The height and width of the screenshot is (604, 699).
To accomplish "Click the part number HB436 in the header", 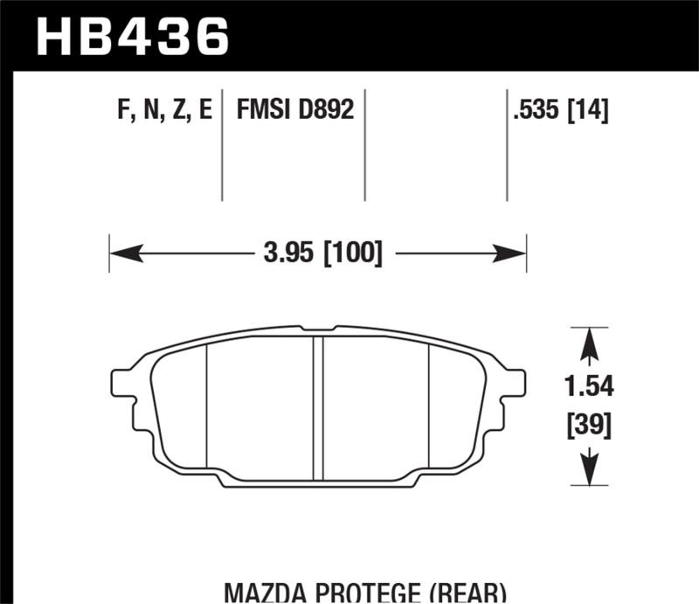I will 131,36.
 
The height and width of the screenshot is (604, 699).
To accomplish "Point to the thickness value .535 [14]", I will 562,111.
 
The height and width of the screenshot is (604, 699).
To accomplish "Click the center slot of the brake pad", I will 319,406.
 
